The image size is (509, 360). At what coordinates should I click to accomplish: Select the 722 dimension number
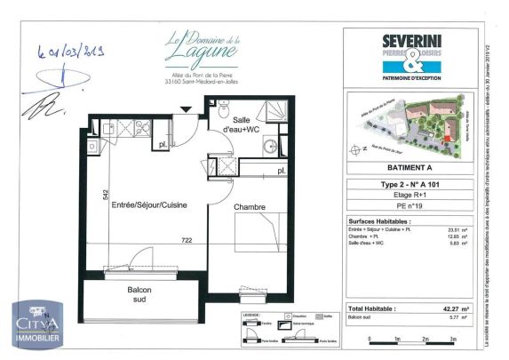pyautogui.click(x=187, y=241)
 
